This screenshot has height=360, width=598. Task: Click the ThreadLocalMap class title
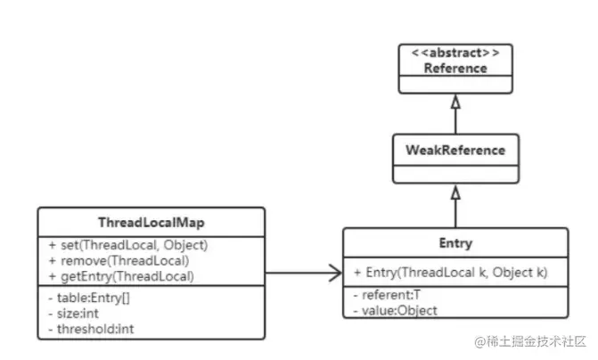[x=151, y=223]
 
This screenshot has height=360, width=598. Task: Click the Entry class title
[x=455, y=243]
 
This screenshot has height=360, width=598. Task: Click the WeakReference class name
[x=455, y=150]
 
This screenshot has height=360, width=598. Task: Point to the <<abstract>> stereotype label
[x=455, y=52]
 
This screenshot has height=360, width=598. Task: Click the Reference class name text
[x=455, y=67]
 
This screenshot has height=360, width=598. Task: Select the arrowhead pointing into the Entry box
[x=335, y=273]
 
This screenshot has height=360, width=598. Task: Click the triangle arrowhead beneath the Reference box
[x=455, y=100]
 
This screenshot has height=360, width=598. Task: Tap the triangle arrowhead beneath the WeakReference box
[x=455, y=192]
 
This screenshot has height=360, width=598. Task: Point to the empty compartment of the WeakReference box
[x=455, y=173]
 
